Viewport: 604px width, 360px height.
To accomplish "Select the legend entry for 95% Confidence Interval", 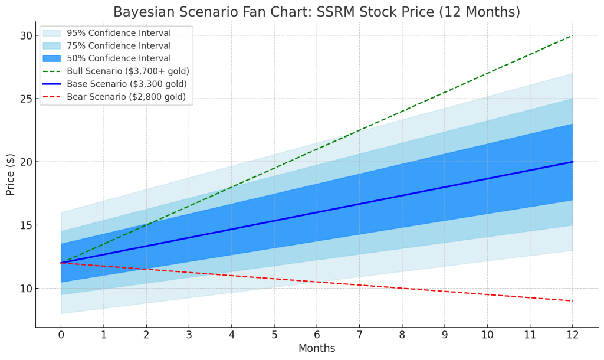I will [x=119, y=33].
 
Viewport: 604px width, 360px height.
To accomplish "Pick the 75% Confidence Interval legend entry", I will [x=119, y=46].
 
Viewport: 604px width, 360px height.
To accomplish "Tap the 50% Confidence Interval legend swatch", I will [x=51, y=58].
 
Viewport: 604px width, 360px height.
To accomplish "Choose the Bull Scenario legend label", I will [x=128, y=71].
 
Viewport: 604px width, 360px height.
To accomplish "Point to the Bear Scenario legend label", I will [x=126, y=97].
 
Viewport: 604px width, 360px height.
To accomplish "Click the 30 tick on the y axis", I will [x=25, y=35].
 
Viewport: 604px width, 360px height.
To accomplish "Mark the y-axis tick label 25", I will [x=25, y=99].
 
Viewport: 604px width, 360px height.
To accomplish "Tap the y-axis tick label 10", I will [x=25, y=289].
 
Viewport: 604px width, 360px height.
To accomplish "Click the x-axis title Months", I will [x=317, y=348].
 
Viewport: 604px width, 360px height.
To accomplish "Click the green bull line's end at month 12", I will [x=572, y=35].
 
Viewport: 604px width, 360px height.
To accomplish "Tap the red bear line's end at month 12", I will [x=572, y=301].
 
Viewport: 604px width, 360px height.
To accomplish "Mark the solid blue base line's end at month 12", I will [x=572, y=162].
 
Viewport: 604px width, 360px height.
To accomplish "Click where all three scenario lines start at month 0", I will [x=61, y=263].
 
